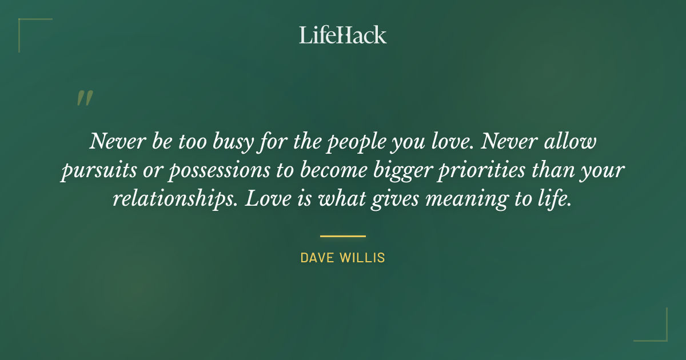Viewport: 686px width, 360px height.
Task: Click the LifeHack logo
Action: click(x=342, y=35)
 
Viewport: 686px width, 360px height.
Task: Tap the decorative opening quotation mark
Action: click(x=84, y=98)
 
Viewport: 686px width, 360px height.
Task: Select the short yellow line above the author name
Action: click(x=342, y=235)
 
